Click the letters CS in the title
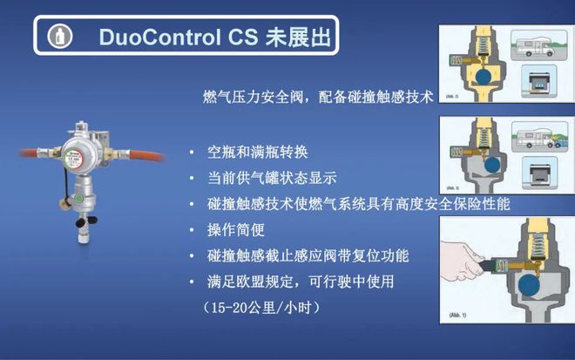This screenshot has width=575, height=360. (x=239, y=37)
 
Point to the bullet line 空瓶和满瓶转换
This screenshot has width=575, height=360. (x=259, y=153)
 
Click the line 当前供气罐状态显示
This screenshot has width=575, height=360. (x=272, y=178)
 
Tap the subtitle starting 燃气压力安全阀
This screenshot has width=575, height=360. (x=314, y=98)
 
